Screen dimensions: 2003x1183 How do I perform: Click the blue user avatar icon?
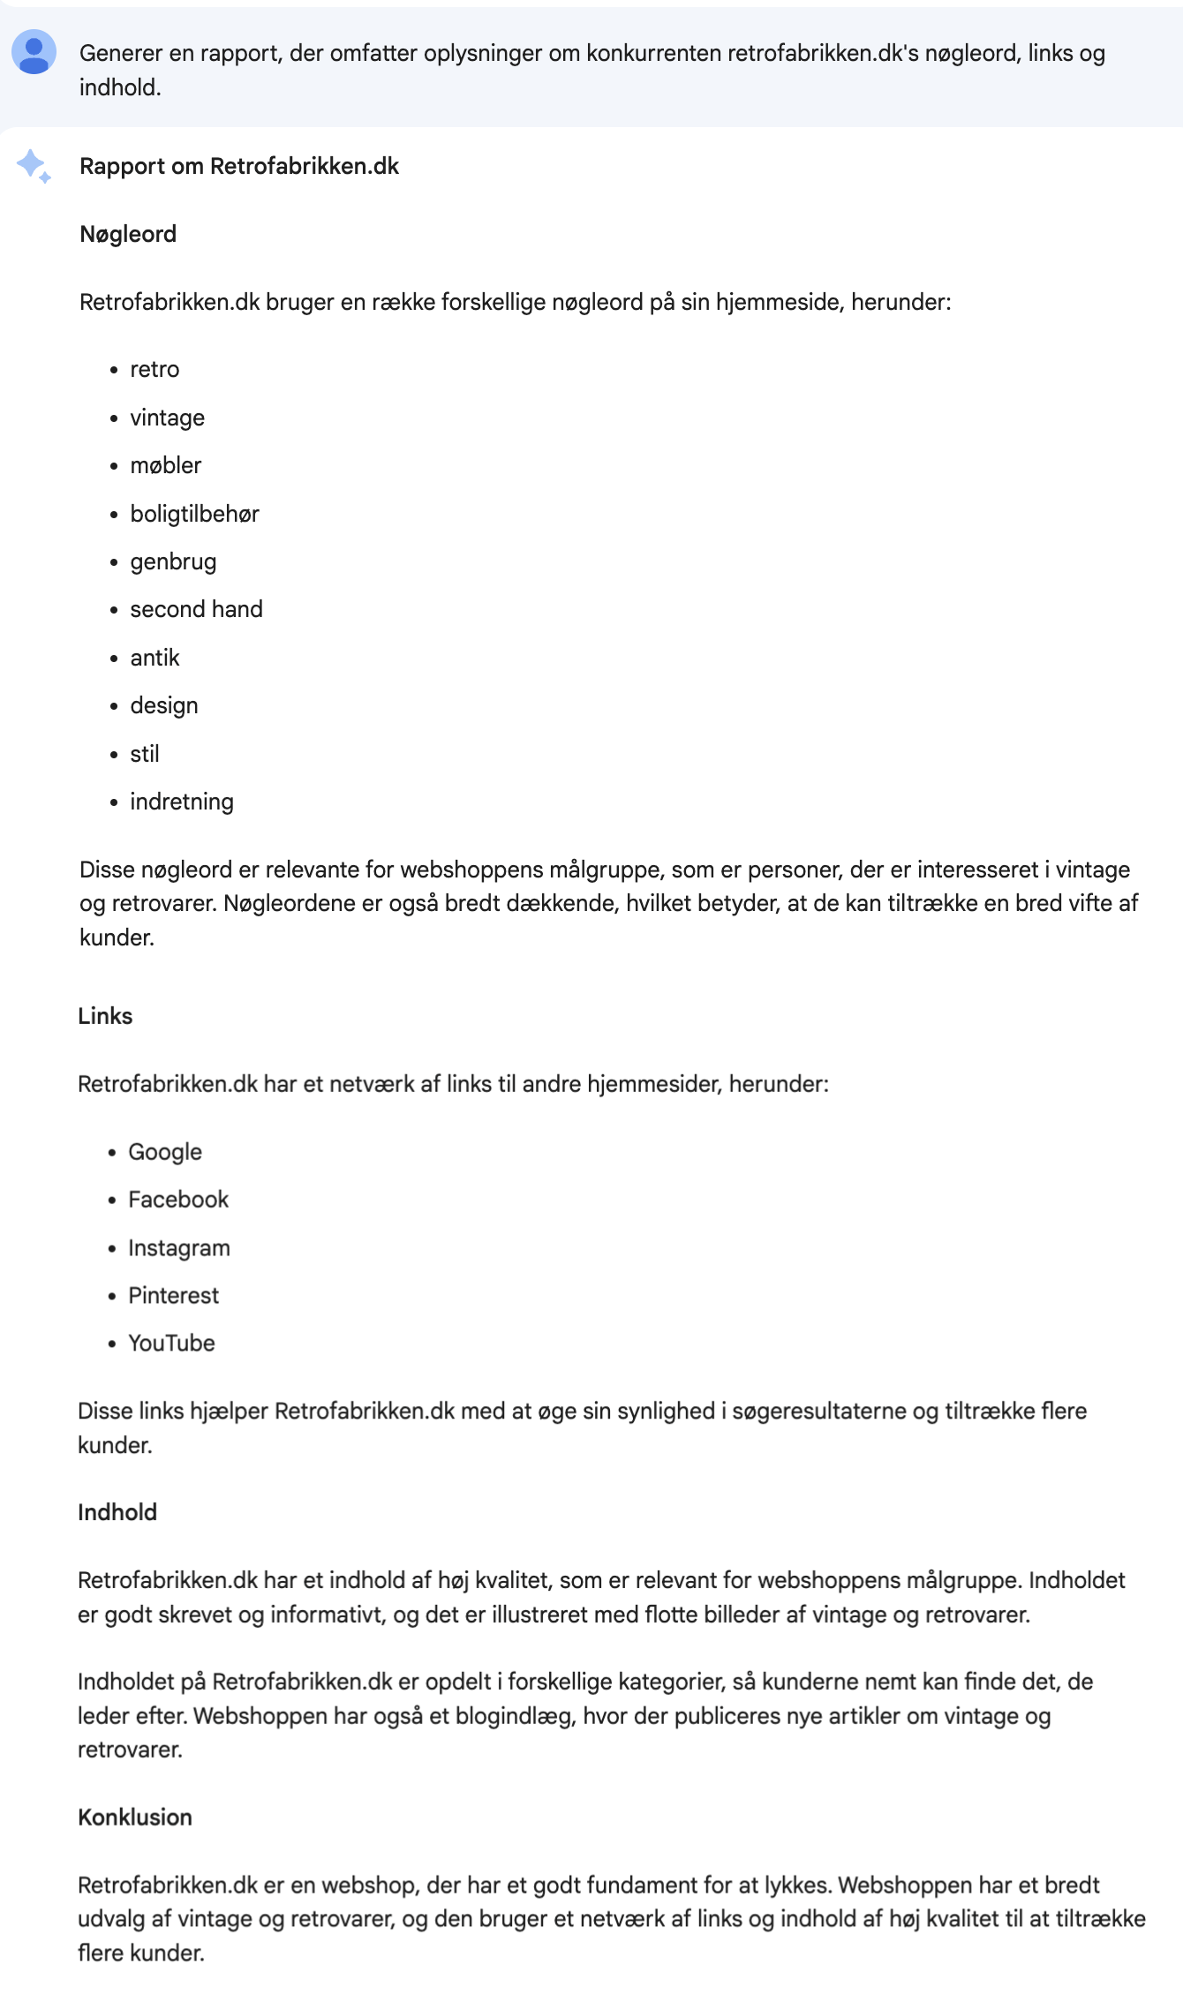pos(34,52)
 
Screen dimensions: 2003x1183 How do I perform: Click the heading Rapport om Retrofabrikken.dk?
pos(238,166)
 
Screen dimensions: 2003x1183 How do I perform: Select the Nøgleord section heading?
pos(128,234)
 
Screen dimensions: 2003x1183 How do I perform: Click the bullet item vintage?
pos(167,418)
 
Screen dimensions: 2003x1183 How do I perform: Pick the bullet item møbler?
pos(165,465)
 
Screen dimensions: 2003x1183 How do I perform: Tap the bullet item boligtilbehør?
pos(194,514)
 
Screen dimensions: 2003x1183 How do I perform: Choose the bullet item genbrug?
pos(173,561)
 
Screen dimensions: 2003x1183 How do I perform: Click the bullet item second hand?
pos(196,609)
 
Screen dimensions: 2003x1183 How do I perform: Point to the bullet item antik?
pos(154,658)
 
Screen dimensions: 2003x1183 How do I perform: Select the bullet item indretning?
pos(182,802)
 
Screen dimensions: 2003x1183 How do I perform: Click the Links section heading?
pos(105,1016)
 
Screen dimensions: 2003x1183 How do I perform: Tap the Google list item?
pos(165,1152)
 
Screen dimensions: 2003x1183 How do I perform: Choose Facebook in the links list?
pos(178,1200)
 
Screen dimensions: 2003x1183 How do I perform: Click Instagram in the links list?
pos(179,1248)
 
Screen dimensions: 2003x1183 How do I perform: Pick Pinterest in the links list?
pos(173,1296)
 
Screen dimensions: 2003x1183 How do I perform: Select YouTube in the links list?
pos(171,1344)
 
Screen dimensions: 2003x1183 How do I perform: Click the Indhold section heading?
pos(117,1512)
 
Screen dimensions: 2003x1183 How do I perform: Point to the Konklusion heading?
pos(135,1818)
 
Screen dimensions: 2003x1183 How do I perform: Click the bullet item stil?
pos(145,754)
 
